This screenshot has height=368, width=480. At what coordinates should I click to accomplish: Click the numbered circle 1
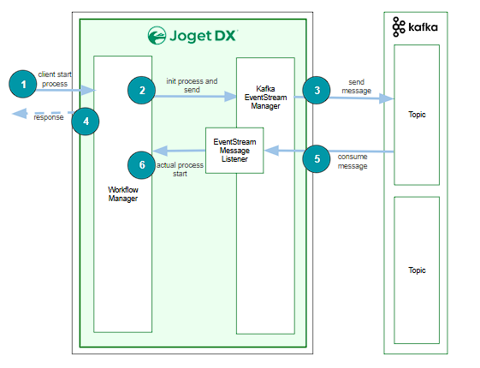coord(23,84)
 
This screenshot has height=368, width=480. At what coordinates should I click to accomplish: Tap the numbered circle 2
coord(142,91)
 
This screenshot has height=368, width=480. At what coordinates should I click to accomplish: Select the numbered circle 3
coord(317,91)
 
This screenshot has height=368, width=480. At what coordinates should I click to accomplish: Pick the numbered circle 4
coord(86,122)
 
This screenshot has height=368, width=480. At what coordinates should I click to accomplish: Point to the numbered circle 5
coord(317,158)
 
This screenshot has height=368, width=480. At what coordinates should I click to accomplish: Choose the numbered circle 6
coord(142,165)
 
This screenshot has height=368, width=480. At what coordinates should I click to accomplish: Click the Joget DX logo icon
coord(157,35)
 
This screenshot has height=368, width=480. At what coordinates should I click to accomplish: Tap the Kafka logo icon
coord(399,27)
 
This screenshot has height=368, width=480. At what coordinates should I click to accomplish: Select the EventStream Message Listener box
coord(234,151)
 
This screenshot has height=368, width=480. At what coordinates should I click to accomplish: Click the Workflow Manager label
coord(123,194)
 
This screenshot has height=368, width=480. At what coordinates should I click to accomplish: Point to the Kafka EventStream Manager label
coord(265,98)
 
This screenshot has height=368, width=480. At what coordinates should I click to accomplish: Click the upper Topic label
coord(417,115)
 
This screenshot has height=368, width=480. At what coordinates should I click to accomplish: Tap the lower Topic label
coord(417,270)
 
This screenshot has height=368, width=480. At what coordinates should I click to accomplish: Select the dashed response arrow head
coord(20,114)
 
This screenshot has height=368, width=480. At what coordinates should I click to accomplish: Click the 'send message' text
coord(356,86)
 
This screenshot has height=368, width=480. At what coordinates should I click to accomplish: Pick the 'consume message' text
coord(353,162)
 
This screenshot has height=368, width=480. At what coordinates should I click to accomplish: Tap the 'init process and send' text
coord(192,86)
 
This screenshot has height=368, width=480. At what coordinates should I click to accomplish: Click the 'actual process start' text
coord(180,169)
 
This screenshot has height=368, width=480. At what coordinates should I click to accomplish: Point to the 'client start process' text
coord(55,79)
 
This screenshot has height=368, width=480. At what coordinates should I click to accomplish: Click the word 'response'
coord(49,117)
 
